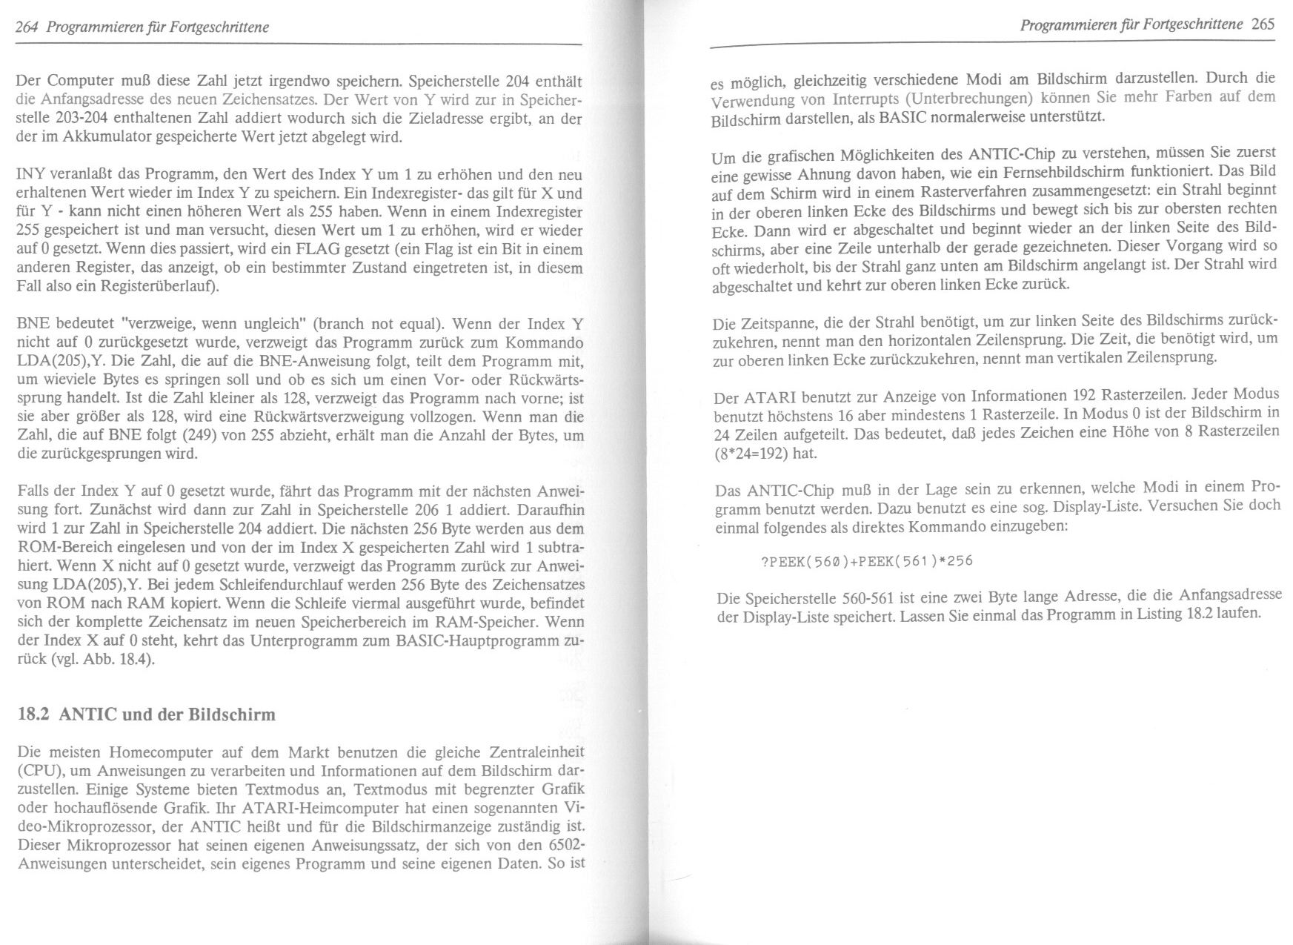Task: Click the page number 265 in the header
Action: pyautogui.click(x=1263, y=24)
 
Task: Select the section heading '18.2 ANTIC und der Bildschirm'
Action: pyautogui.click(x=146, y=714)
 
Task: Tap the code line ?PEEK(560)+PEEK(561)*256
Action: pyautogui.click(x=866, y=560)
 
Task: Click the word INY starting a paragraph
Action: pyautogui.click(x=30, y=175)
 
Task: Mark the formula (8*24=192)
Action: pyautogui.click(x=751, y=453)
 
